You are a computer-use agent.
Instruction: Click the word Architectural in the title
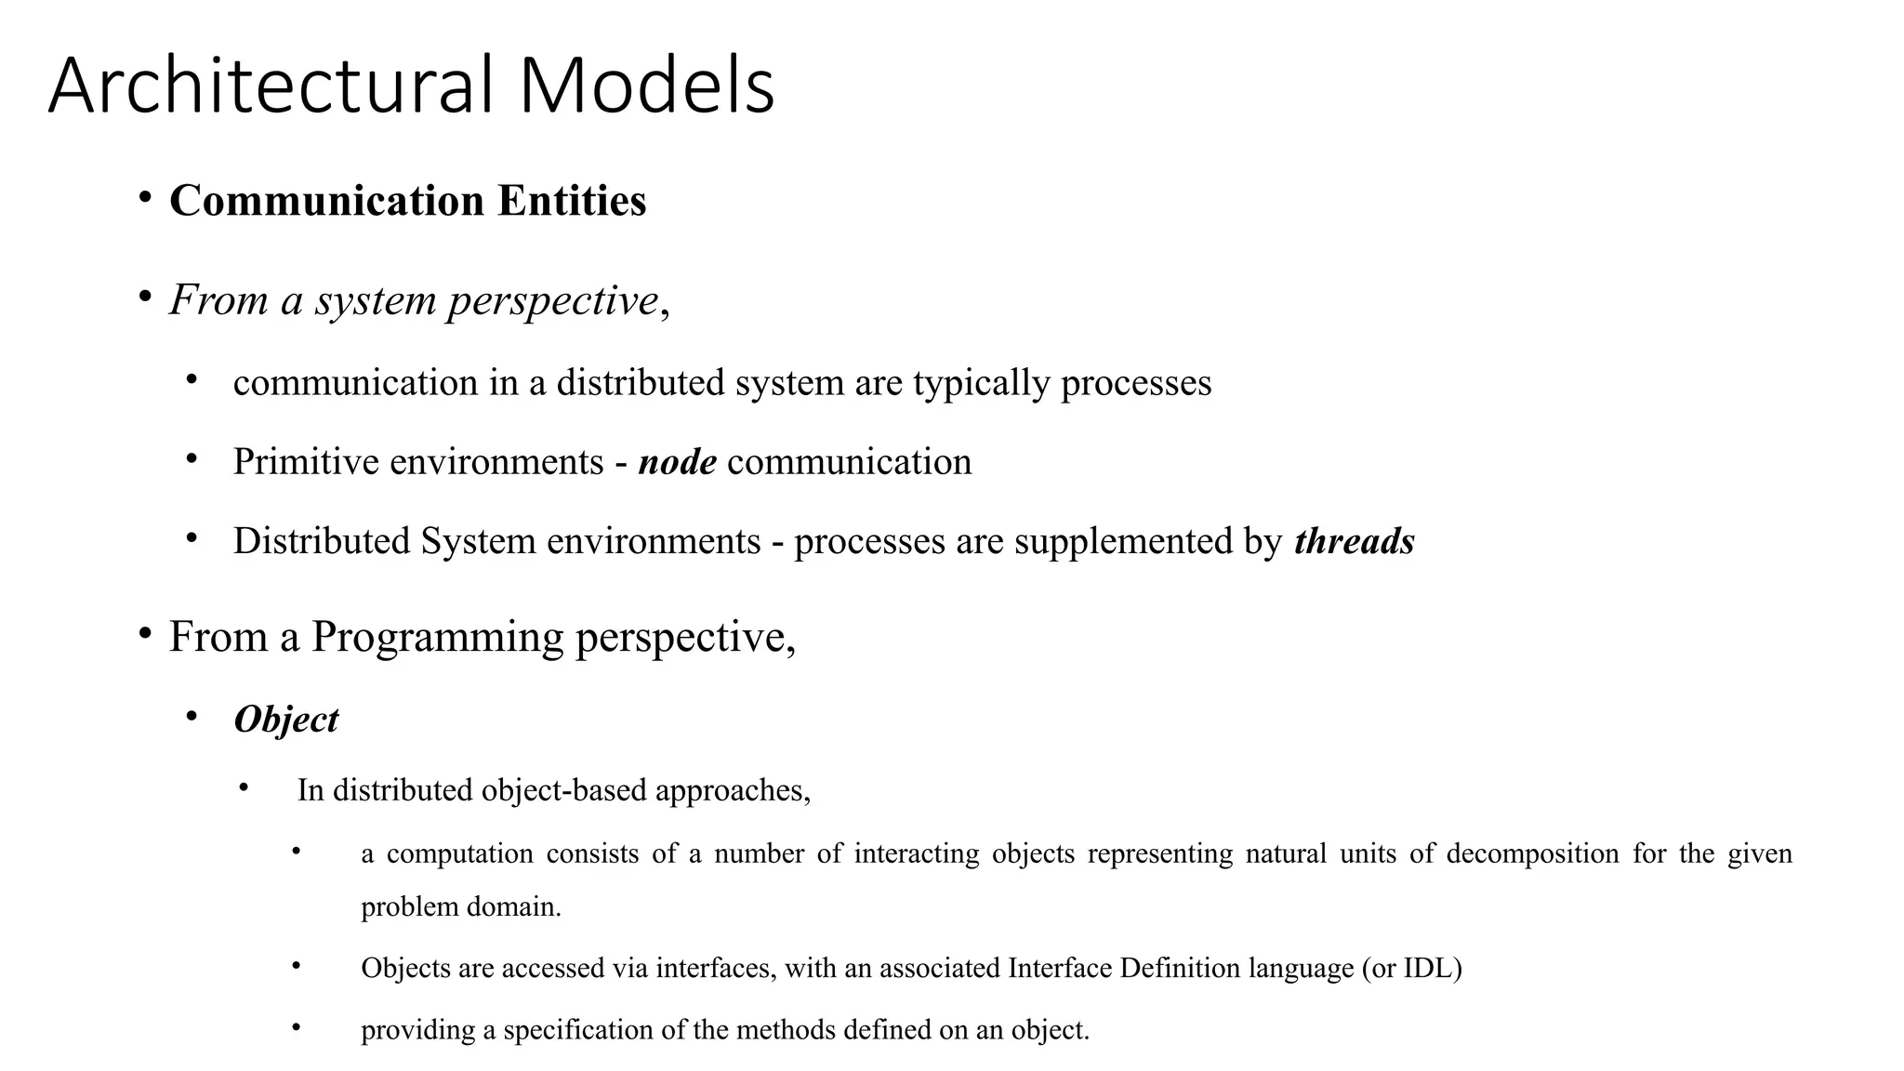(270, 86)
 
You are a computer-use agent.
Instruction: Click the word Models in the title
(646, 86)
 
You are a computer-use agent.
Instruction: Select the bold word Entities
(572, 201)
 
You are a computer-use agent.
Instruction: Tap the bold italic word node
(677, 462)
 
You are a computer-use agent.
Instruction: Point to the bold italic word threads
(1354, 541)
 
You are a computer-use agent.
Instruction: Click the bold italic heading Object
(286, 720)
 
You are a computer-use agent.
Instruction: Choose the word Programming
(437, 638)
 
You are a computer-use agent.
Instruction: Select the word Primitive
(306, 462)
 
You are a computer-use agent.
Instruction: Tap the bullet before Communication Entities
(144, 198)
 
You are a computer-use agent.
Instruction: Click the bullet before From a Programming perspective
(144, 634)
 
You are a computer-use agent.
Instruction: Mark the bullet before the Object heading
(192, 717)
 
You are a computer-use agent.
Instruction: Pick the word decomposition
(1532, 853)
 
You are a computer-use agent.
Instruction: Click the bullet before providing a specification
(296, 1027)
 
